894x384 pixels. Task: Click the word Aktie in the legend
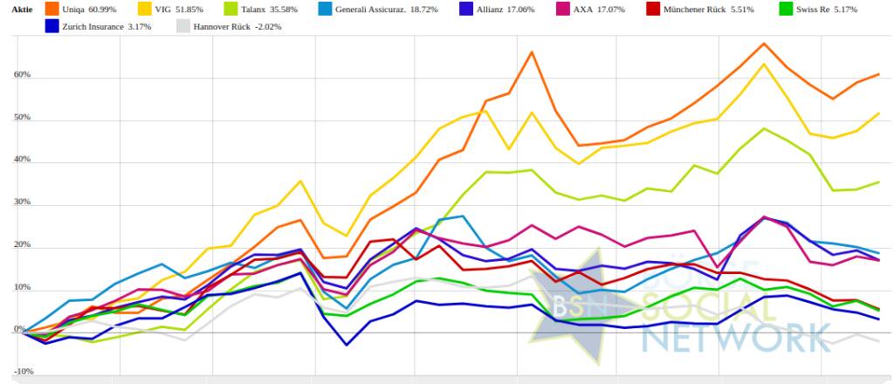coord(17,9)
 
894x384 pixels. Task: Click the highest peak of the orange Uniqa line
coord(765,43)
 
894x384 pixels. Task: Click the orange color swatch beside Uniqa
coord(52,9)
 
